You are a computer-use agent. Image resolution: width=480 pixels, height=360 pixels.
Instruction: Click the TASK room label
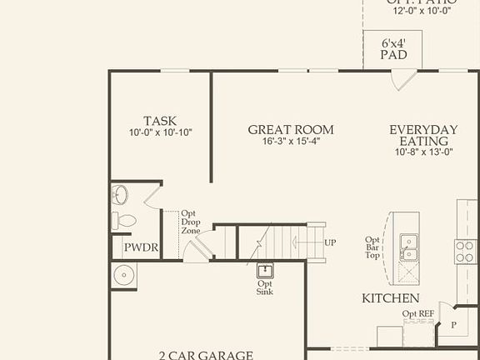coord(159,121)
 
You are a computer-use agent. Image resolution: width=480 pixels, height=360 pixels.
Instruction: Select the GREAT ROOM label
coord(291,129)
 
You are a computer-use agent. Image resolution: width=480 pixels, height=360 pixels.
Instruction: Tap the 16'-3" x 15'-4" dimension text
coord(291,141)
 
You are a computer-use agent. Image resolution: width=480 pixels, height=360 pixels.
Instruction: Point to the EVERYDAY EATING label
coord(424,135)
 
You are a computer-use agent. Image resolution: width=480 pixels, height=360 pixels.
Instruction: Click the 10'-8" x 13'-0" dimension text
coord(424,152)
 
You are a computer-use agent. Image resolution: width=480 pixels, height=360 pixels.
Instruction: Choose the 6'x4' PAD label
coord(393,48)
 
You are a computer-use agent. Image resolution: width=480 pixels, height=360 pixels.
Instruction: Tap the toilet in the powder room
coord(124,221)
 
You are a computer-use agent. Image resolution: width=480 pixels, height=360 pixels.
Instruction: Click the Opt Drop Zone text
coord(190,222)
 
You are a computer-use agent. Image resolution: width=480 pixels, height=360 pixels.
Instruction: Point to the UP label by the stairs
coord(331,242)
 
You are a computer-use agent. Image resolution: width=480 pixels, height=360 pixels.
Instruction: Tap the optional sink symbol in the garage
coord(265,271)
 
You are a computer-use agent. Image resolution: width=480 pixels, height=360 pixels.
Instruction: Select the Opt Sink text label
coord(265,287)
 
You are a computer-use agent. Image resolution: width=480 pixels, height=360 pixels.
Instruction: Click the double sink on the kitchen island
coord(408,243)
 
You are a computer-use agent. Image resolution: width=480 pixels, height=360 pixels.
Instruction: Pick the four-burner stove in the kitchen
coord(466,250)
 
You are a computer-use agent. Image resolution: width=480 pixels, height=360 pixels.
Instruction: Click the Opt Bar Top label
coord(373,247)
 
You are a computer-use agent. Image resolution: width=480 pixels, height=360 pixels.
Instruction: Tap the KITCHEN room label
coord(390,298)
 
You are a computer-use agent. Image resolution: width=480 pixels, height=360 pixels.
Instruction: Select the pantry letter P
coord(454,325)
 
